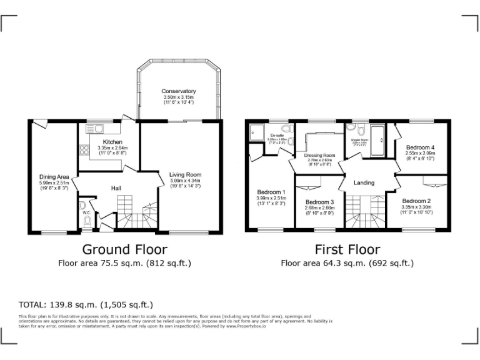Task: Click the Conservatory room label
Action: [179, 91]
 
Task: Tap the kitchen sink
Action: [97, 129]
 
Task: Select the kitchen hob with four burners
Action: [83, 150]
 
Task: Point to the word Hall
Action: [116, 188]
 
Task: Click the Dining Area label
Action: [54, 177]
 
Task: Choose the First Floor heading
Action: [347, 250]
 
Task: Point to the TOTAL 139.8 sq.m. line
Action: [86, 305]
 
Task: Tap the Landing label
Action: [364, 183]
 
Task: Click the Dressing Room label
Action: [319, 155]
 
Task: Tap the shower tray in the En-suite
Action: [257, 132]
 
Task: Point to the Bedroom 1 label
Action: [271, 192]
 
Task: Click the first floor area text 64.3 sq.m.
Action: [347, 264]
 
